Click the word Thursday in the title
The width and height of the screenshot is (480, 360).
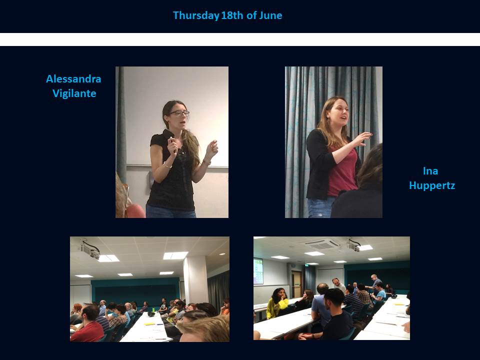[x=196, y=15]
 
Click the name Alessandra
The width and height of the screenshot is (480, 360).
[x=73, y=79]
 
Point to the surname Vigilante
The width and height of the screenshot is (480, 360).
[x=74, y=93]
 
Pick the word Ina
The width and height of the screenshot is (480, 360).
[x=430, y=171]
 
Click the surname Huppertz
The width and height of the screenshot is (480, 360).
[x=432, y=185]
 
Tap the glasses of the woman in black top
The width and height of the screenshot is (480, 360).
[x=179, y=113]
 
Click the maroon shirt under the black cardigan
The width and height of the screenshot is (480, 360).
[x=342, y=171]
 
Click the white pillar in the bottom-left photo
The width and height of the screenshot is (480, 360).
[x=196, y=280]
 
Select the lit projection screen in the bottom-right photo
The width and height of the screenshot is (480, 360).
[x=258, y=271]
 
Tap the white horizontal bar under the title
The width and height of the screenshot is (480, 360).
[x=240, y=39]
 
